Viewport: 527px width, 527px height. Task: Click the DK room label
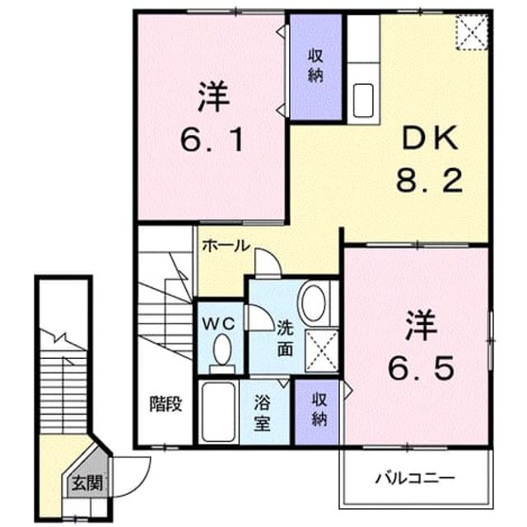point(430,138)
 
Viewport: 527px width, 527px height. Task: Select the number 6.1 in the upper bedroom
point(212,140)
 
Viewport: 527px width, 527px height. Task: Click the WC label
point(218,324)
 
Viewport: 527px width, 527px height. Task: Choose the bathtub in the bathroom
point(218,413)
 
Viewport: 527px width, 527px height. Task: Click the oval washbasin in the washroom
point(314,303)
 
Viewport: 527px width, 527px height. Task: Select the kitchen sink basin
point(363,100)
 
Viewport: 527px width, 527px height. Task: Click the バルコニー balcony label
point(415,478)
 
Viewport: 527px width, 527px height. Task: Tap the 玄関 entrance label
point(87,483)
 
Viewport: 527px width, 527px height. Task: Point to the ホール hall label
point(226,245)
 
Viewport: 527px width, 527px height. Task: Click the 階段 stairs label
point(166,403)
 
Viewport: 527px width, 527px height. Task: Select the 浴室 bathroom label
point(262,413)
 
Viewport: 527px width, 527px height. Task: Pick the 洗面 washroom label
point(285,339)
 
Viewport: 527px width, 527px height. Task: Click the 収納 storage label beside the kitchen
point(315,66)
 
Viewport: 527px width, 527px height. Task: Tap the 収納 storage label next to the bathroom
point(319,410)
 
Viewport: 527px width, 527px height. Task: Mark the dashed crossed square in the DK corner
point(472,33)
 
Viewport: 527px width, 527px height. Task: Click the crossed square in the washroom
point(322,351)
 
